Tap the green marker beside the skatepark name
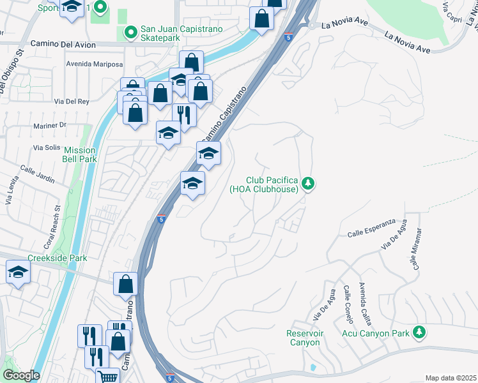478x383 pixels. point(130,31)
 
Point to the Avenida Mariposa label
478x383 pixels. point(93,64)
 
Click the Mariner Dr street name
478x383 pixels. point(50,125)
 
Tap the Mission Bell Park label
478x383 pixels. point(79,155)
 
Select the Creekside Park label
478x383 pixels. point(57,259)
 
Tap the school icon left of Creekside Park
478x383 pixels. point(19,273)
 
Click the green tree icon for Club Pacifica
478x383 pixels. point(309,184)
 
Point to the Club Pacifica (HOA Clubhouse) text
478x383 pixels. point(264,184)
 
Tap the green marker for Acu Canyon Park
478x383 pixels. point(419,332)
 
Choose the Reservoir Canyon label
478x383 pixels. point(303,338)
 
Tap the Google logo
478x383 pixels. point(20,375)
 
